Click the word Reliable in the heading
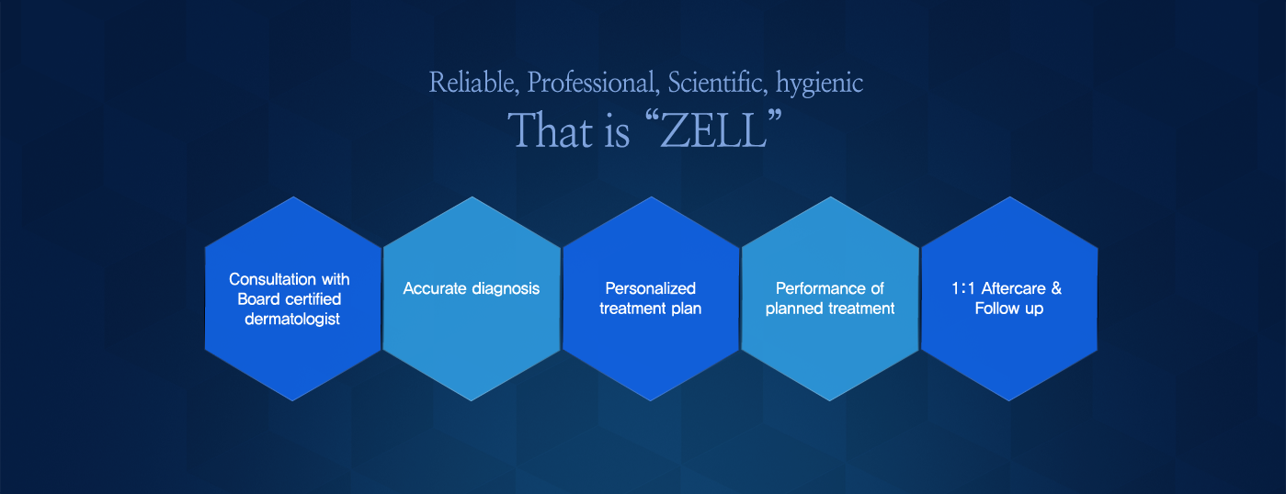pos(473,82)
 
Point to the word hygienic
pos(819,84)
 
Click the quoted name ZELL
pos(713,130)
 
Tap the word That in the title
pos(551,130)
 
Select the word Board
pos(258,299)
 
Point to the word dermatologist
pos(292,320)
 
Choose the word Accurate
pos(435,288)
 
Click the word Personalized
pos(651,288)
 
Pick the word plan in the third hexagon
pos(687,309)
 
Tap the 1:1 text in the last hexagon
pos(962,288)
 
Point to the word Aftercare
pos(1014,288)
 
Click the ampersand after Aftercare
pos(1056,288)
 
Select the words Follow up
pos(1008,309)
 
